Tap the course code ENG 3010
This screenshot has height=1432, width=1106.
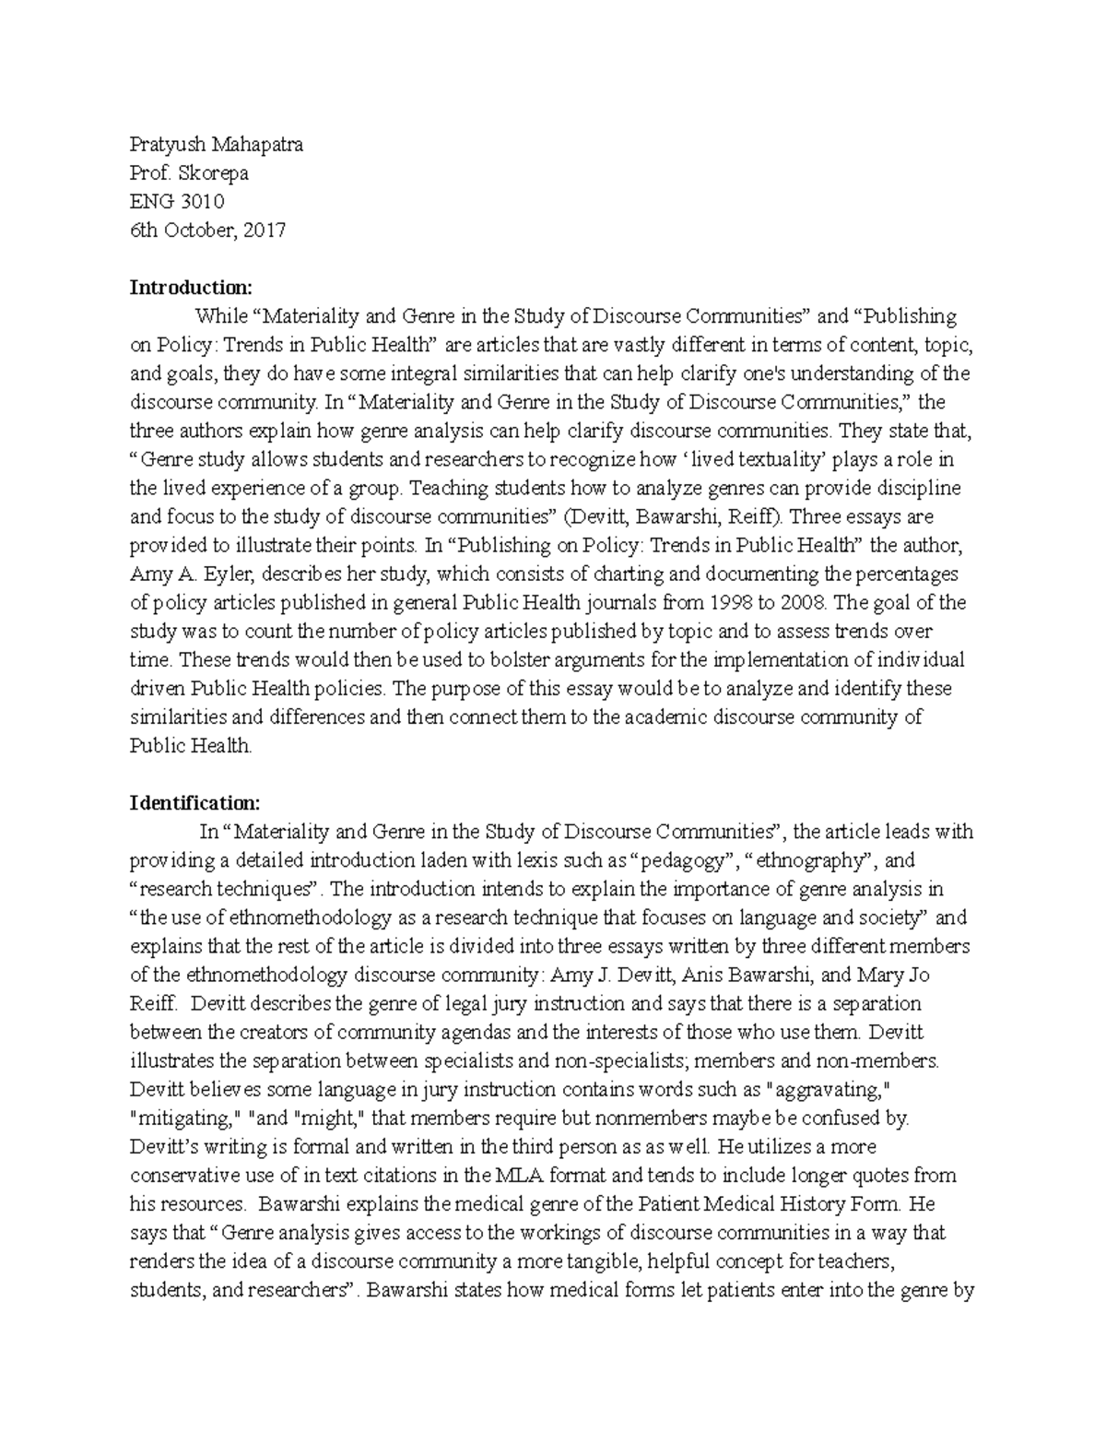(x=177, y=202)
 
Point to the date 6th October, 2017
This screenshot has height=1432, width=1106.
(x=207, y=231)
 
